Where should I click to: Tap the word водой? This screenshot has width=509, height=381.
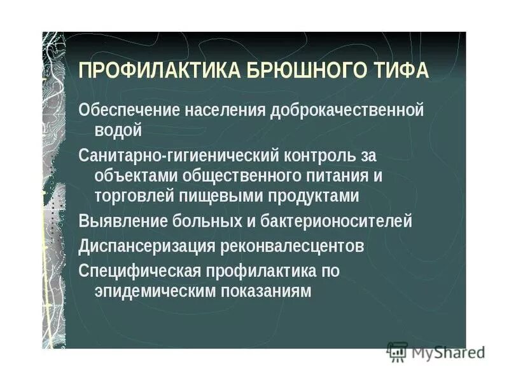pos(118,130)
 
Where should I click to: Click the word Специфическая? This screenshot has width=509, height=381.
pos(139,270)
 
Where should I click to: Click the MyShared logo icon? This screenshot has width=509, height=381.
pos(397,351)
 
